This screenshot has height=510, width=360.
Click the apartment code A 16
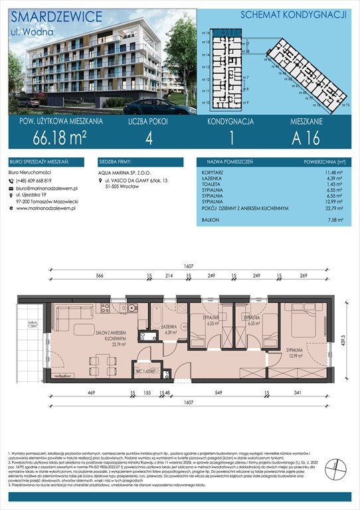[x=309, y=139]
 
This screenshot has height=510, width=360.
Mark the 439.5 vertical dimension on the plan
[x=343, y=339]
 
